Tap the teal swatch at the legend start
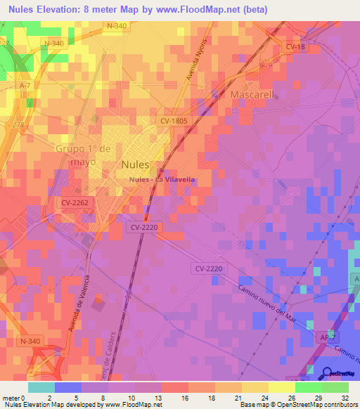click(x=41, y=387)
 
